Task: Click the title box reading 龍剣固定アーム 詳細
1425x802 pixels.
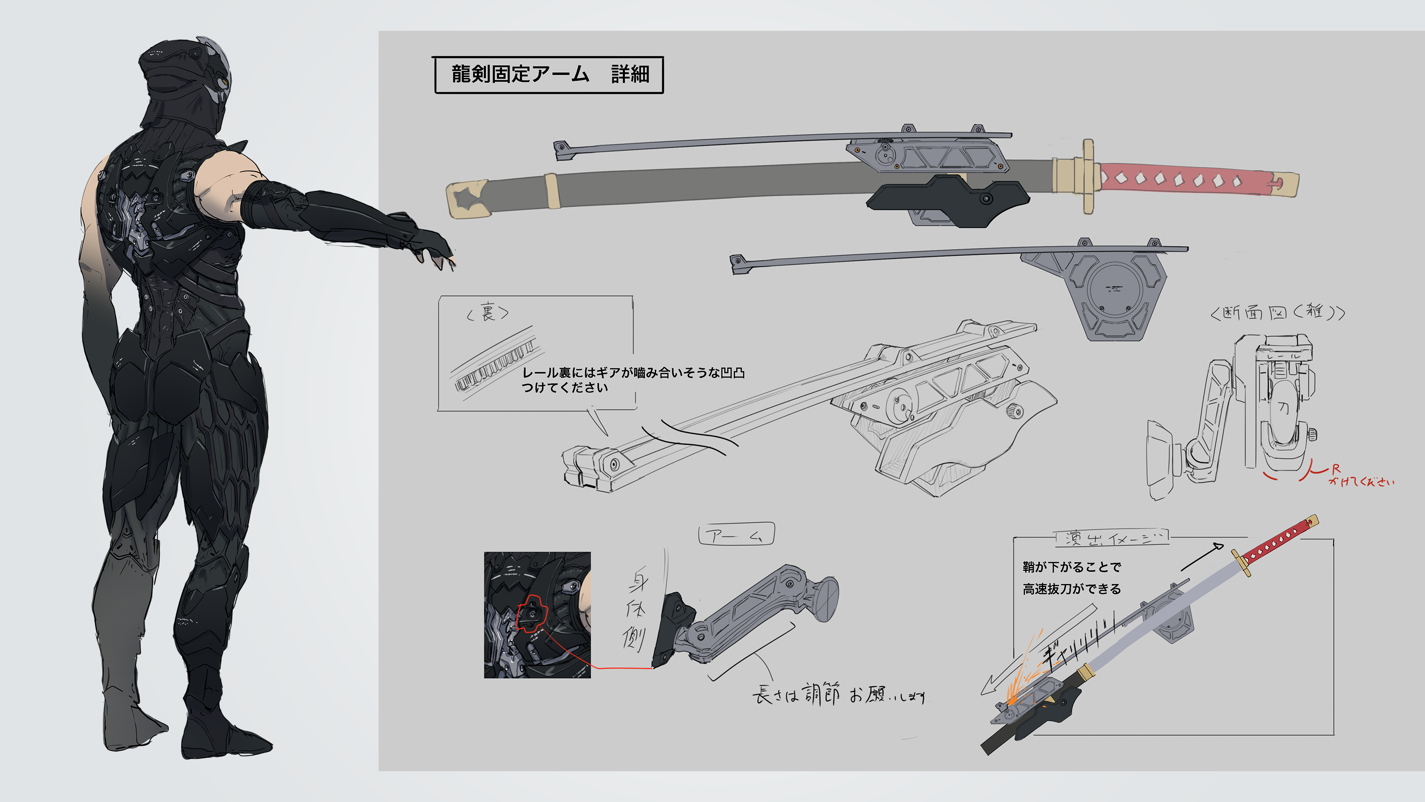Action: click(549, 74)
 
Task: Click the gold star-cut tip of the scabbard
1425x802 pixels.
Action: click(468, 199)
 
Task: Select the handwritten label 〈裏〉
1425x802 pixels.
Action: click(487, 313)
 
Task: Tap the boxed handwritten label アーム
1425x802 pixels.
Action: click(736, 535)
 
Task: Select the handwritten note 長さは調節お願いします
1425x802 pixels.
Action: click(838, 694)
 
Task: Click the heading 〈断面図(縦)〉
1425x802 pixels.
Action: click(1277, 313)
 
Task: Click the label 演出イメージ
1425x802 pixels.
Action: click(1112, 537)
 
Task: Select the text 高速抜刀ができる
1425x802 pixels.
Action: click(1071, 589)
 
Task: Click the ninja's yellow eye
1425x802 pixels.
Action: click(224, 83)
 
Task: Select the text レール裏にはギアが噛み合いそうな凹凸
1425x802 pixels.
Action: click(633, 372)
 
